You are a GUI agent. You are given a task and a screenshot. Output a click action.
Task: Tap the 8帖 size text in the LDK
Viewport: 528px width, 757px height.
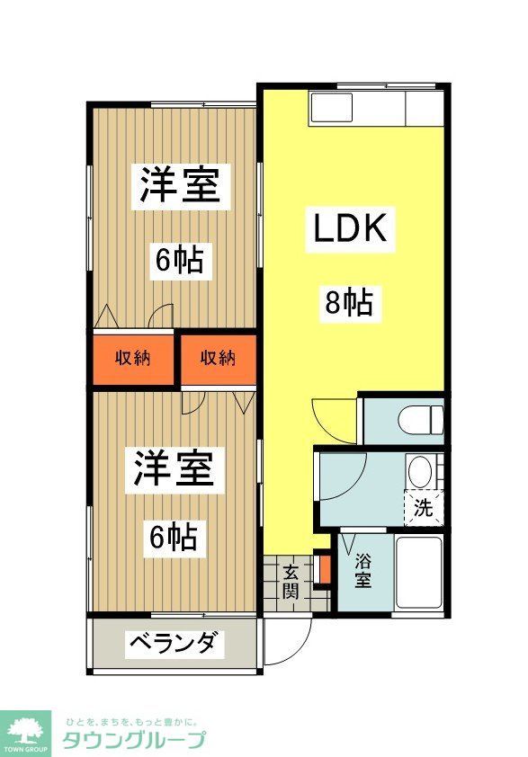click(348, 303)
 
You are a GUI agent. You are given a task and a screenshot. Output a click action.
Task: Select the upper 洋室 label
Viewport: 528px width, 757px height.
click(180, 186)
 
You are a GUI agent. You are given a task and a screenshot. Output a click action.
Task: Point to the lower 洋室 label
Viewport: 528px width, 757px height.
click(175, 471)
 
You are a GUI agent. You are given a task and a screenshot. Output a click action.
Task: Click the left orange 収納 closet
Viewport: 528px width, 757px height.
click(132, 358)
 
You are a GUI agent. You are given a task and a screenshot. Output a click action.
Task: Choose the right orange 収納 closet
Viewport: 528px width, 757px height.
click(218, 358)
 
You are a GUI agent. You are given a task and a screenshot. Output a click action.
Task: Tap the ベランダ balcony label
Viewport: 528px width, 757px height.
click(173, 644)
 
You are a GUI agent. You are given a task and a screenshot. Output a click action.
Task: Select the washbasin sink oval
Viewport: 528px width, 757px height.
click(418, 472)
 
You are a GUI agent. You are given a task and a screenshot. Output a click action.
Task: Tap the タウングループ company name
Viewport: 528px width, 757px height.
click(133, 740)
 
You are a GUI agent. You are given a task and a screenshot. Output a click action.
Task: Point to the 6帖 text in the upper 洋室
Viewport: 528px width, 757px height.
click(179, 261)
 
